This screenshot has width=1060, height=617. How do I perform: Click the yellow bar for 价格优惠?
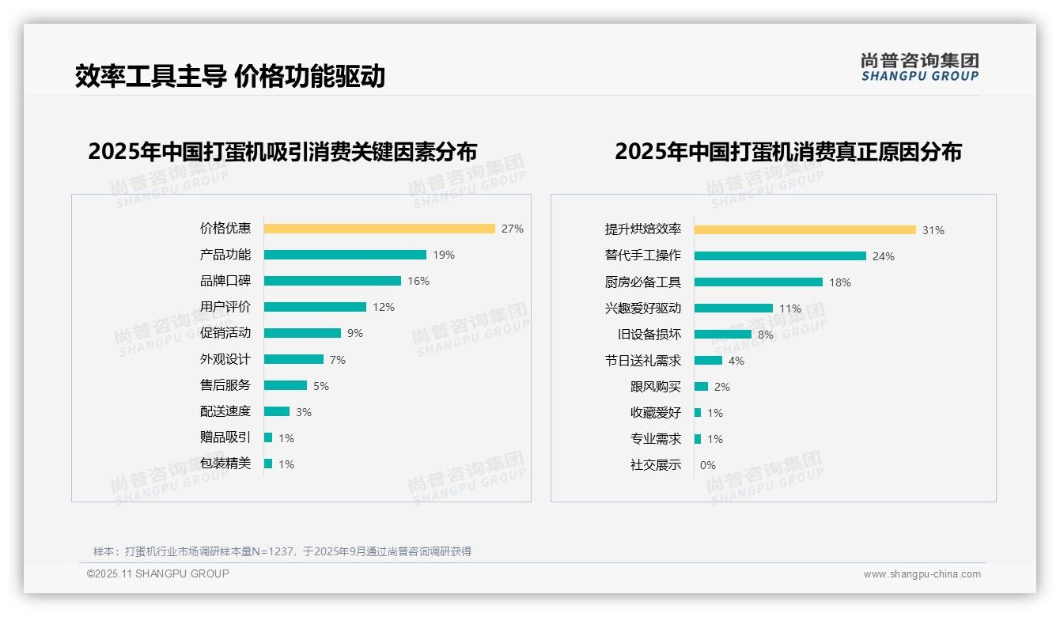pos(379,229)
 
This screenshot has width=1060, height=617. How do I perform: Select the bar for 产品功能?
pos(345,255)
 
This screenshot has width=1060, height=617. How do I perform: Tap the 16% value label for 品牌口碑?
pos(418,281)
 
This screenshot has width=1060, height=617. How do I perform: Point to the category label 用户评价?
pos(225,307)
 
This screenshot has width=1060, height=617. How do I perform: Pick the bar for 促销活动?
pos(302,333)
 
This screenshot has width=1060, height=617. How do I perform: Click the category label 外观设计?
pos(225,359)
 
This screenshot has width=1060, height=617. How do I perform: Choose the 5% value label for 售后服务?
pos(321,386)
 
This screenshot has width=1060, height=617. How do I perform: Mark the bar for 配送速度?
pos(277,411)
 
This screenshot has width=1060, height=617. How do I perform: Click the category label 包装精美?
pos(225,464)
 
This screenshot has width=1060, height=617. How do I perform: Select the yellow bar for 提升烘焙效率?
pos(804,229)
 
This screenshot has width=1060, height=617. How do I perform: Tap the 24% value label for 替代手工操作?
pos(884,256)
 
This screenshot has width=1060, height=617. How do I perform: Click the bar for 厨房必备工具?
pos(758,282)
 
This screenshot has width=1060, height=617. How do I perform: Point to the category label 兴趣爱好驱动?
pos(643,308)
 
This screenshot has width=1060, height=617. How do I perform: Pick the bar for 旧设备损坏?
pos(722,335)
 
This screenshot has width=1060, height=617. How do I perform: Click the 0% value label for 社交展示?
pos(708,465)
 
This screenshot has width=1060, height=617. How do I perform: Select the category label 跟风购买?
pos(656,387)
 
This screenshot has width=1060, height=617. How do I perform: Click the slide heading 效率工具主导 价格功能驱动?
pos(230,76)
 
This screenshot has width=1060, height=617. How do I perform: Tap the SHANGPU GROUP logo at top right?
pos(919,66)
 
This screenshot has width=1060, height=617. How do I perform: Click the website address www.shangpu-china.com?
pos(922,574)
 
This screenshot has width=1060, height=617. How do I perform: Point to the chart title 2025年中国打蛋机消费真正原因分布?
pos(788,151)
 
